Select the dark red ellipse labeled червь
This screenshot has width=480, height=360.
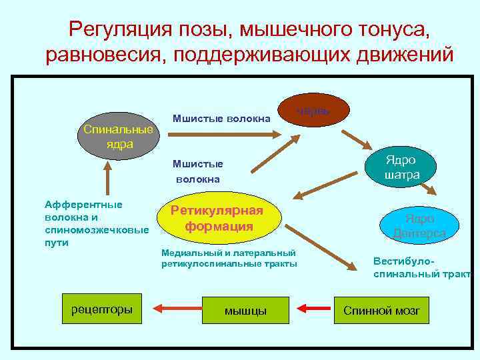pyautogui.click(x=313, y=111)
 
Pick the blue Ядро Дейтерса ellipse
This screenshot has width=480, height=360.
pyautogui.click(x=419, y=225)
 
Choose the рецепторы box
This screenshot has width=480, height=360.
pyautogui.click(x=101, y=309)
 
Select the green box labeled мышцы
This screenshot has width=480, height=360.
pyautogui.click(x=245, y=309)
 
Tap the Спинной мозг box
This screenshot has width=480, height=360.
pyautogui.click(x=382, y=310)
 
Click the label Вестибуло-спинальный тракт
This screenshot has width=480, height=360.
pyautogui.click(x=421, y=267)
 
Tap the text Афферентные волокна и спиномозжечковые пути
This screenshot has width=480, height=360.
pyautogui.click(x=95, y=223)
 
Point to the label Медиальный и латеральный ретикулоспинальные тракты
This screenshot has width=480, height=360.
pyautogui.click(x=229, y=259)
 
